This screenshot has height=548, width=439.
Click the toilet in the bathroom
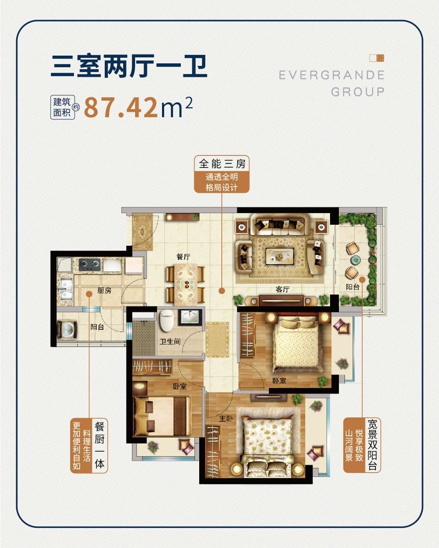[167, 320]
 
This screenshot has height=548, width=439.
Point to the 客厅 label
[282, 289]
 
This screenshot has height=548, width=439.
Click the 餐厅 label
[183, 256]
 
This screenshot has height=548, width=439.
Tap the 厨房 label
[104, 290]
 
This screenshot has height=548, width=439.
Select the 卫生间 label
[170, 342]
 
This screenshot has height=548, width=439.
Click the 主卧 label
[226, 418]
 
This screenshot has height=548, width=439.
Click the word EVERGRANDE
[331, 75]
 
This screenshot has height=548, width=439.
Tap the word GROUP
[358, 92]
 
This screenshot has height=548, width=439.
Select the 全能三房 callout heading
[222, 164]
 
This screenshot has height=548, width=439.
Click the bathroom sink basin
[190, 317]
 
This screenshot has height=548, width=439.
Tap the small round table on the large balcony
[355, 260]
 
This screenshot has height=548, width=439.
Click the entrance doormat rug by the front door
[142, 232]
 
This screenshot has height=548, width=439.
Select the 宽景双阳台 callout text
[372, 445]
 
